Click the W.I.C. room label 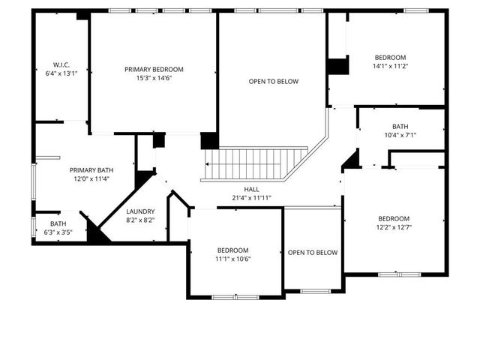(61, 64)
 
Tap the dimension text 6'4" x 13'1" (61, 73)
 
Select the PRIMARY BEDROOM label (154, 69)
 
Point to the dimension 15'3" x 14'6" (154, 78)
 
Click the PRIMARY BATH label (91, 169)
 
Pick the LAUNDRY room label (140, 211)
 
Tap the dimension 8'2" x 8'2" (140, 220)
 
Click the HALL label (251, 189)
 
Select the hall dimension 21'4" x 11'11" (251, 198)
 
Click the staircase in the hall (255, 162)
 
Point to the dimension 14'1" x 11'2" (390, 66)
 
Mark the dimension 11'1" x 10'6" (233, 259)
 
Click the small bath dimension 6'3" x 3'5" (58, 232)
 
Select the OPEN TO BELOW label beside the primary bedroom (274, 81)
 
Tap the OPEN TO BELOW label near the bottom (313, 253)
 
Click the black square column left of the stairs (209, 140)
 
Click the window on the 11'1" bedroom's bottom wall (235, 298)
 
